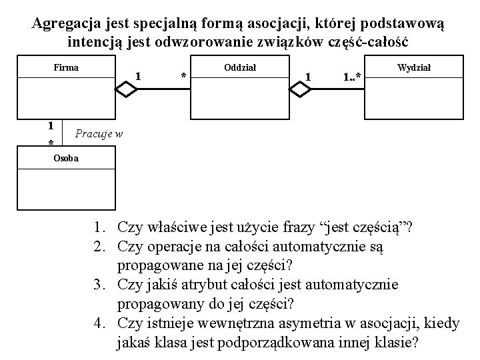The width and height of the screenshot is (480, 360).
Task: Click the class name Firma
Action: click(66, 67)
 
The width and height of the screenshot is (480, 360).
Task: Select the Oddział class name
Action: click(236, 67)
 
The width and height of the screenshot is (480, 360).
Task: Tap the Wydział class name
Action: click(414, 67)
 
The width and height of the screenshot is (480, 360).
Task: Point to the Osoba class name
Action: click(65, 158)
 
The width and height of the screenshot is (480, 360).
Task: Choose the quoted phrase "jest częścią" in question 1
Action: click(364, 229)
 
